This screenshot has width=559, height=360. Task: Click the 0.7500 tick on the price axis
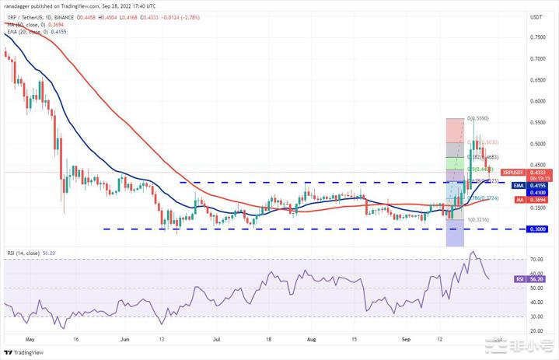click(x=536, y=37)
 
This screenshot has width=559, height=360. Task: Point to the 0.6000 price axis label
click(x=536, y=101)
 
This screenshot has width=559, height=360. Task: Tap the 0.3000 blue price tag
click(x=537, y=229)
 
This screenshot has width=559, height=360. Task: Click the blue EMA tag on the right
click(x=517, y=187)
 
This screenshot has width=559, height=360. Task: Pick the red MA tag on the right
click(x=517, y=200)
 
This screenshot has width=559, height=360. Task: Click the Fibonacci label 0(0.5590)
click(x=477, y=119)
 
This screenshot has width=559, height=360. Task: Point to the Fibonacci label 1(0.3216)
click(x=477, y=220)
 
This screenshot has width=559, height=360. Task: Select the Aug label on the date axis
click(x=311, y=340)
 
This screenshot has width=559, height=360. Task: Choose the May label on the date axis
click(x=30, y=340)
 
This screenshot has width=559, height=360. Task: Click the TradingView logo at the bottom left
click(x=23, y=351)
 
